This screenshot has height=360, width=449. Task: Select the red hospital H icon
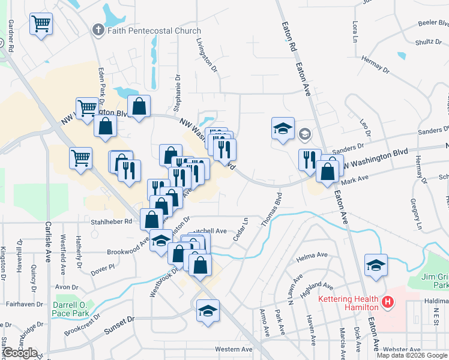tap(388, 302)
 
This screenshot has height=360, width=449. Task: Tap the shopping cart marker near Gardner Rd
tap(41, 25)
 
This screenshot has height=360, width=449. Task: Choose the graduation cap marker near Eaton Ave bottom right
tap(376, 265)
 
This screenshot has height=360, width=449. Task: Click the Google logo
tap(20, 353)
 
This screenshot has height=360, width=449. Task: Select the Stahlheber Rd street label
tap(110, 221)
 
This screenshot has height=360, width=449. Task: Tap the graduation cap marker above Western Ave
tap(208, 311)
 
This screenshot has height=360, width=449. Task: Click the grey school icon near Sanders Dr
tap(305, 134)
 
